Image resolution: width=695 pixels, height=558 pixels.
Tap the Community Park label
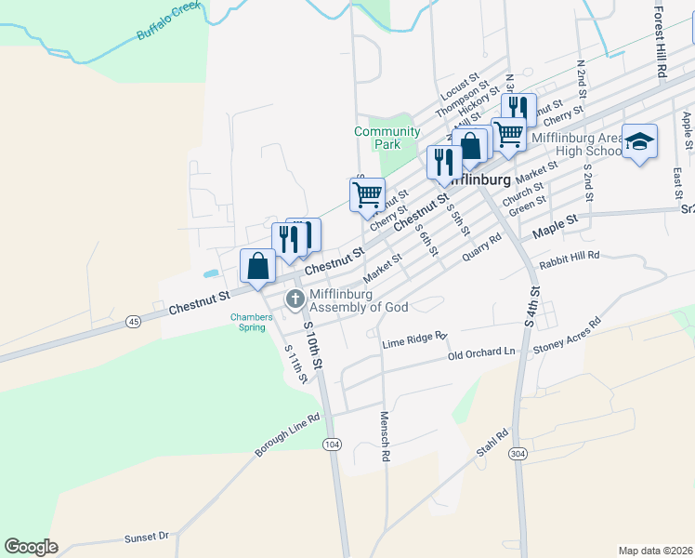387,138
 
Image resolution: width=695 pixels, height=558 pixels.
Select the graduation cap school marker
639,141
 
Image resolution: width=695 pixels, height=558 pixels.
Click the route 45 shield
135,321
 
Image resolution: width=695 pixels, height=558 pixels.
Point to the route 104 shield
332,445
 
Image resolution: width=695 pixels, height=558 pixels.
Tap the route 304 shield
518,453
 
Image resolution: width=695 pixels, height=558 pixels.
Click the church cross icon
295,299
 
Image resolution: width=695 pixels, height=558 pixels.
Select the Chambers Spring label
252,322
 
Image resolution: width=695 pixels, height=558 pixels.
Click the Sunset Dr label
147,538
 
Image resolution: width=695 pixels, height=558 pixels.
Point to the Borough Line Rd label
287,434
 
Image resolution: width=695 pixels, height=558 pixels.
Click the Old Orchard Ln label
480,353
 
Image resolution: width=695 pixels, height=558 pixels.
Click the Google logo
31,547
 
